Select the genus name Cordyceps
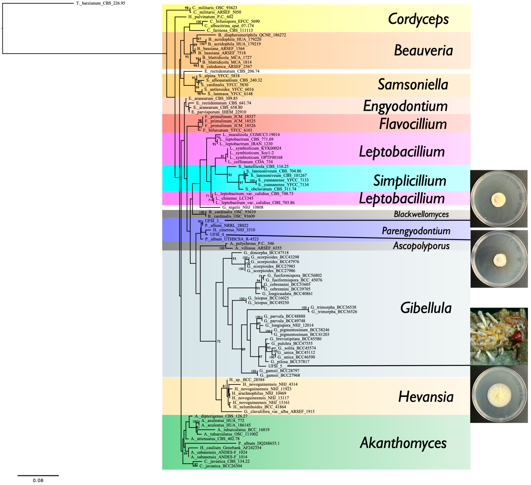418,19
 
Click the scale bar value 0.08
38,480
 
